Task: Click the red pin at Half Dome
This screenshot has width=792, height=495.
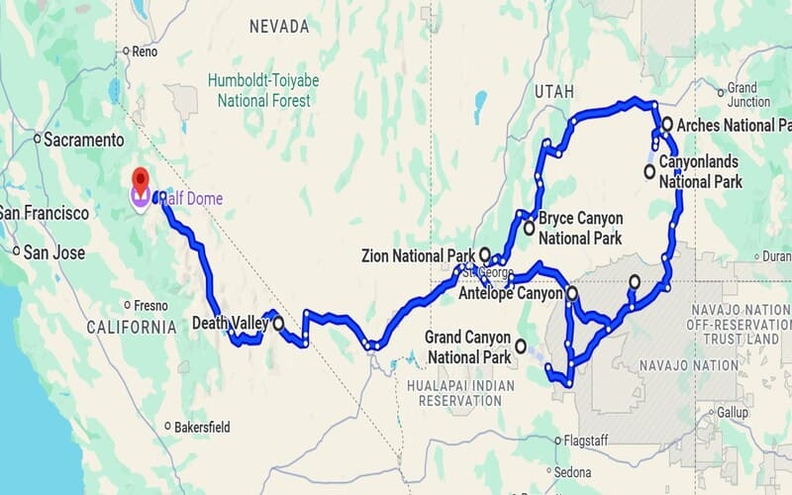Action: click(141, 180)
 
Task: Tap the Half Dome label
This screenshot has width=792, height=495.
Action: click(194, 199)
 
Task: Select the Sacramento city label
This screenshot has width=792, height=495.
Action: click(83, 140)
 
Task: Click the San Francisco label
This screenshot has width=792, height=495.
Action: click(43, 213)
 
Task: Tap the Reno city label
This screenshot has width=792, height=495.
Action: click(146, 51)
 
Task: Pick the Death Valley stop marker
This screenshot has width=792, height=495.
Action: click(278, 323)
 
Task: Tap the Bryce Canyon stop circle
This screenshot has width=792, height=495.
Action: click(530, 229)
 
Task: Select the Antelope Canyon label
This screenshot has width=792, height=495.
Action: click(513, 293)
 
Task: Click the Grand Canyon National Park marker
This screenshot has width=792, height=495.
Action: click(521, 346)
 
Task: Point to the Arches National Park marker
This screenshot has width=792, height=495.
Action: click(668, 124)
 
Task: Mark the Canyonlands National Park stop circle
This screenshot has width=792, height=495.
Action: click(649, 171)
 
